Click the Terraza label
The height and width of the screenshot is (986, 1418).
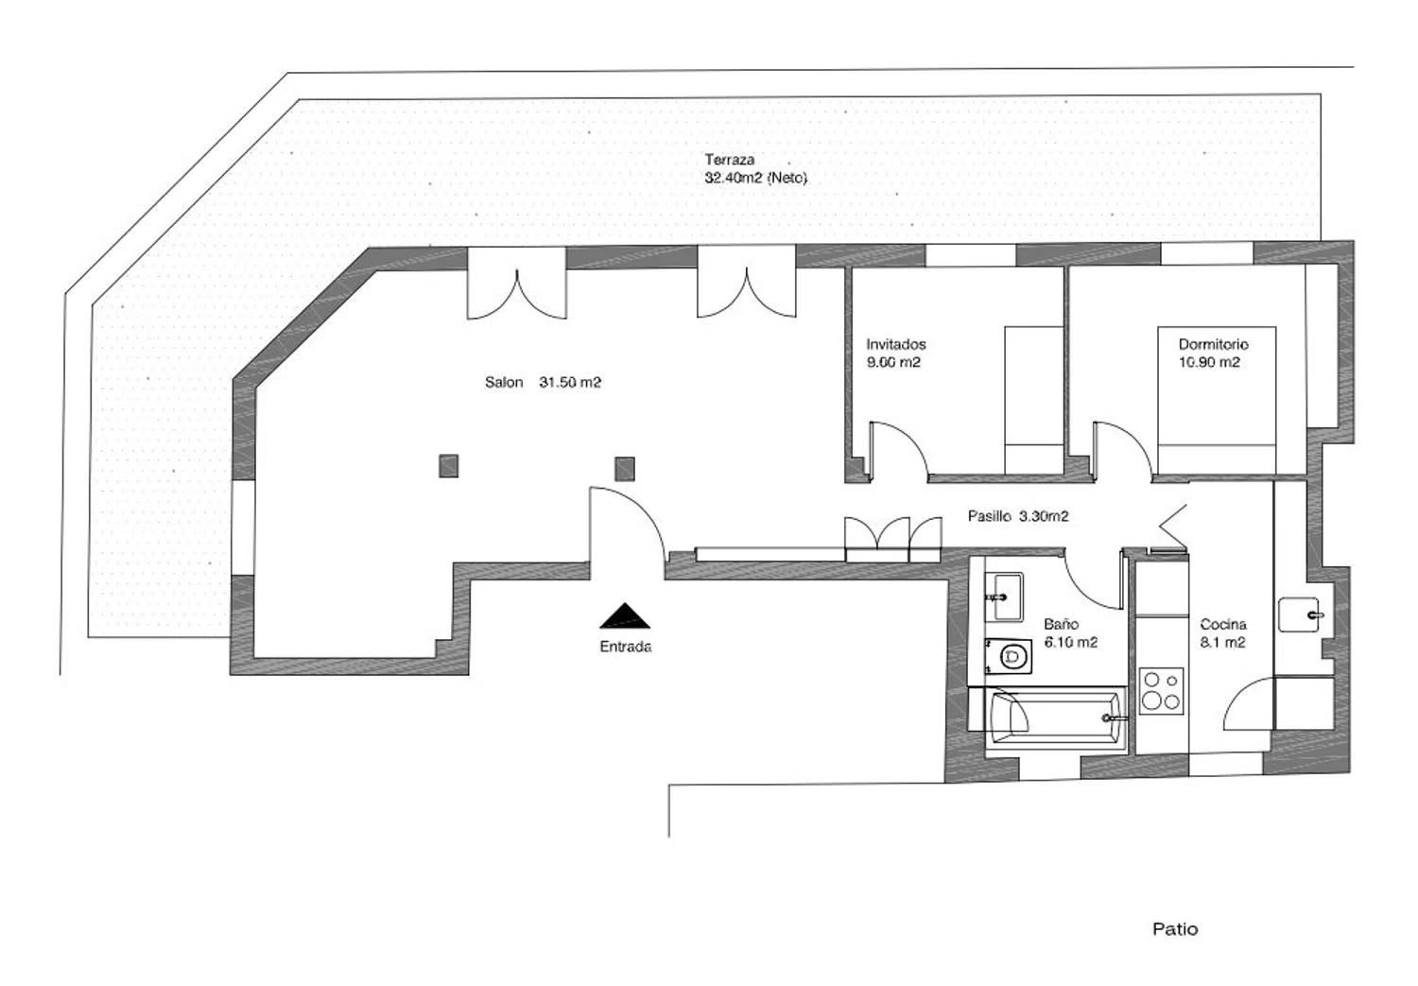click(x=729, y=160)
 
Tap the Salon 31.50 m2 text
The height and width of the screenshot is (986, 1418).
click(x=543, y=382)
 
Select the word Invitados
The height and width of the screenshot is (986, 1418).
click(x=896, y=344)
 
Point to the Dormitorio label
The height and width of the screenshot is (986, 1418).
click(x=1213, y=344)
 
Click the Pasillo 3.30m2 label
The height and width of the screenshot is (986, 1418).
click(x=1018, y=516)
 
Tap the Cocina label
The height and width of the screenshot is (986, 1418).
click(x=1223, y=624)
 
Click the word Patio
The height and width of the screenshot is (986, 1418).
click(x=1175, y=929)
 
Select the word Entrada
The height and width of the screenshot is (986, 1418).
click(x=626, y=647)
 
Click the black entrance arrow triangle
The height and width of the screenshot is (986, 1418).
click(x=625, y=617)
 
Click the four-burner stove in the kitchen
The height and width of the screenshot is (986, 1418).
click(x=1161, y=692)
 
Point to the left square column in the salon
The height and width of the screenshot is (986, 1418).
click(x=449, y=466)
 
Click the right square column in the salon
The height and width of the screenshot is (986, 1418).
click(x=625, y=469)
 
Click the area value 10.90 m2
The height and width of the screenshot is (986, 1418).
click(x=1209, y=362)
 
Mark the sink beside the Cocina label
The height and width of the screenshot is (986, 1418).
click(x=1299, y=614)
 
